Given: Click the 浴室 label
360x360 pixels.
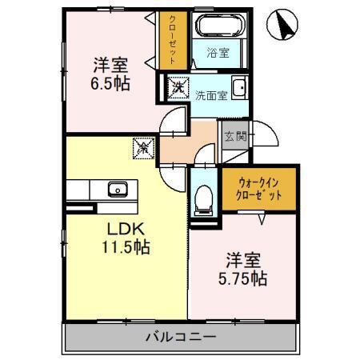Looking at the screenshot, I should click(x=218, y=54).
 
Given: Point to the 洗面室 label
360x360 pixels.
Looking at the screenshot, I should click(x=211, y=94).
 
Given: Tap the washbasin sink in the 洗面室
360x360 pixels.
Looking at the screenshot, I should click(x=238, y=88).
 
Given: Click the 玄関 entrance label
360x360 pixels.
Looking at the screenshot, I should click(x=233, y=137).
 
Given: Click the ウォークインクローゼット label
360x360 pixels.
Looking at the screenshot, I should click(x=259, y=189).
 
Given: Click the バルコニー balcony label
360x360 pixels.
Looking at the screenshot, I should click(x=180, y=337).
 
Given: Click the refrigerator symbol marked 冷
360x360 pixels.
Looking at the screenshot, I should click(x=145, y=147).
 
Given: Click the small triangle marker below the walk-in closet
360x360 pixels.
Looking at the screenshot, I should click(x=262, y=217).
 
